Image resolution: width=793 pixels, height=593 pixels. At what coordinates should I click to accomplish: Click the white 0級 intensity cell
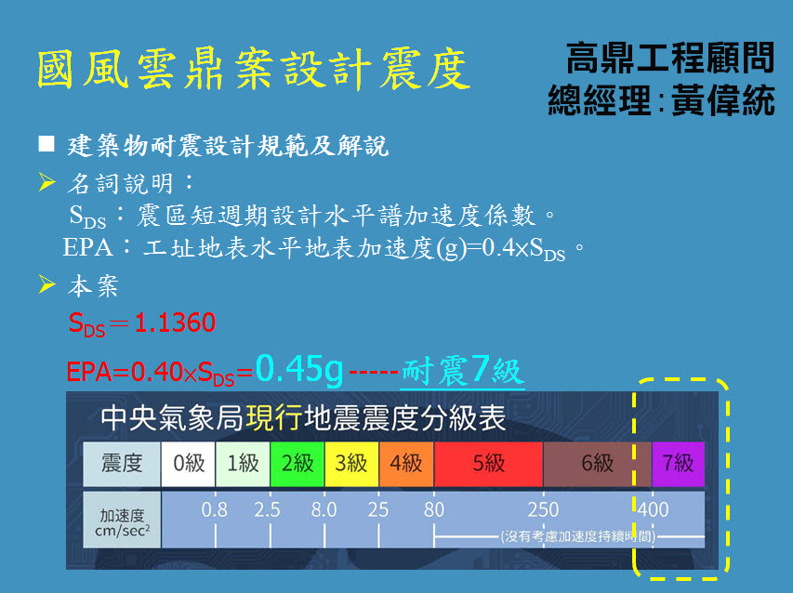[188, 464]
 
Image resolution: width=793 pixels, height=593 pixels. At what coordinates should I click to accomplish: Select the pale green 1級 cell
[243, 464]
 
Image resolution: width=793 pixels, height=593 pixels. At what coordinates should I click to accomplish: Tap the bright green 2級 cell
[297, 464]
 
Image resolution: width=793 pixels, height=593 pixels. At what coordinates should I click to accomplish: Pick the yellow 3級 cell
[351, 464]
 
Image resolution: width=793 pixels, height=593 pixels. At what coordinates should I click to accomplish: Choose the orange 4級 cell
[406, 464]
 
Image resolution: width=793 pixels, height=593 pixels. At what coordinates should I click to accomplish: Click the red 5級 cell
[489, 464]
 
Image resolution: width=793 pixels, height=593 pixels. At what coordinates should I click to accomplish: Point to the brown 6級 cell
[598, 464]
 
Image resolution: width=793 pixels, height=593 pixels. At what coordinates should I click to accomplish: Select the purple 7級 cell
[679, 464]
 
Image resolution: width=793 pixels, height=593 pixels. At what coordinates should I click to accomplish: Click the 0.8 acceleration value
[215, 509]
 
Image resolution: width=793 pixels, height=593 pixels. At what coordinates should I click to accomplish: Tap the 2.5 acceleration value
[268, 509]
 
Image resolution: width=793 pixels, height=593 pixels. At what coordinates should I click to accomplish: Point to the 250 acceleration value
[543, 509]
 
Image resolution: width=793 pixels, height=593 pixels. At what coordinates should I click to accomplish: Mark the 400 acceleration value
[653, 509]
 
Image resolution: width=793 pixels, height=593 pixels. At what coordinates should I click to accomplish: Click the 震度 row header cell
[122, 464]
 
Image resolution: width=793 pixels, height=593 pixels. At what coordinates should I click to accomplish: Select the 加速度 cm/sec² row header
[122, 520]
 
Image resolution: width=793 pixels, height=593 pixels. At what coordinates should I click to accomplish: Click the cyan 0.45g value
[299, 370]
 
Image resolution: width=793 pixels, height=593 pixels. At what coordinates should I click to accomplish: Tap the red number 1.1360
[176, 323]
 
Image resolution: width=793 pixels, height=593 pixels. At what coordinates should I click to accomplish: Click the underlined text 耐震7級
[462, 371]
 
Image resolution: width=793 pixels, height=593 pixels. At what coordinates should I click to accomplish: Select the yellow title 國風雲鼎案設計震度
[254, 70]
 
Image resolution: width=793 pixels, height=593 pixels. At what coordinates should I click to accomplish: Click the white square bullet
[46, 144]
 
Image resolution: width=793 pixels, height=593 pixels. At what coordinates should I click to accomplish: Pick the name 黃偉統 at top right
[723, 100]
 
